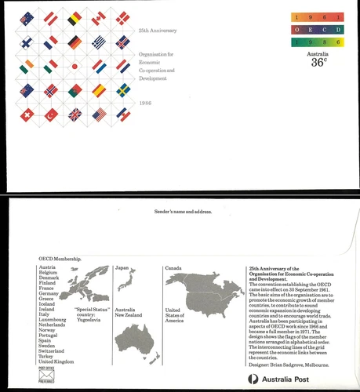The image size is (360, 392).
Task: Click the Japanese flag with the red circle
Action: (75, 66)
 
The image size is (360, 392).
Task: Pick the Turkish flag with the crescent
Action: (52, 115)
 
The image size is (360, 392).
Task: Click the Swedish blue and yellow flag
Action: (123, 90)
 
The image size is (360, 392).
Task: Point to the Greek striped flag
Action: (99, 42)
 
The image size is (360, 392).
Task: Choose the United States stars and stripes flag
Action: (99, 114)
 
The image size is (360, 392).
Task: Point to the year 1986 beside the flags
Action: (145, 103)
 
